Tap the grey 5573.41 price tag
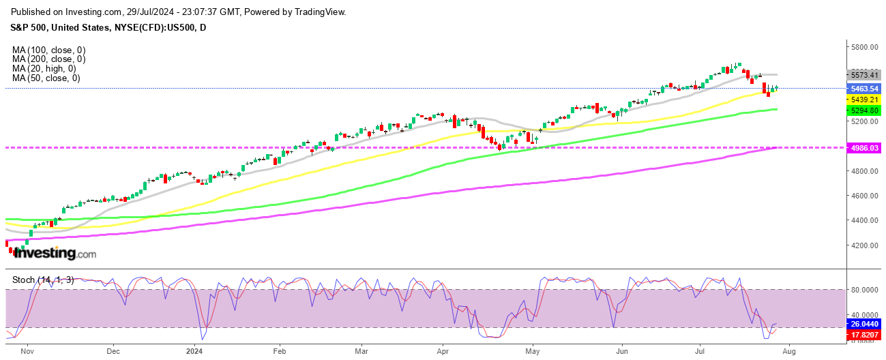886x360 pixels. tap(861, 74)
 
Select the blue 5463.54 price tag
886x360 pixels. tap(862, 89)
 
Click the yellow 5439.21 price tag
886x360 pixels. tap(862, 100)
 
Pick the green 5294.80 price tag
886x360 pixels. tap(862, 110)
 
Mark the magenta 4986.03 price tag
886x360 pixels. tap(862, 147)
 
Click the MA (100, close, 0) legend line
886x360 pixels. tap(48, 50)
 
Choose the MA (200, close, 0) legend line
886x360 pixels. tap(48, 59)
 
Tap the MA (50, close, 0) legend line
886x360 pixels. tap(46, 78)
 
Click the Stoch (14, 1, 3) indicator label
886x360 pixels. tap(43, 280)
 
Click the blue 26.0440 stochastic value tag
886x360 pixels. tap(862, 324)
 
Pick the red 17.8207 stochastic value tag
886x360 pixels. tap(862, 335)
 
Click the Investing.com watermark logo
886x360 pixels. tap(55, 254)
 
